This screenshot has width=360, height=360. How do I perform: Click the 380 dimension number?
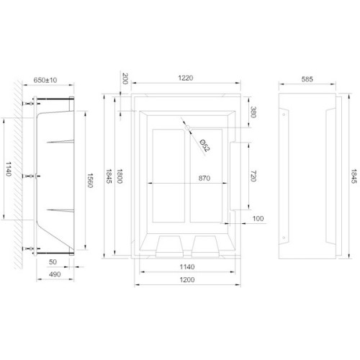[x=253, y=112]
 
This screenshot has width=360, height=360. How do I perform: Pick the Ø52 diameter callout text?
[x=204, y=146]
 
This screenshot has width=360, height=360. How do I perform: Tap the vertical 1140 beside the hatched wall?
[x=8, y=170]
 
